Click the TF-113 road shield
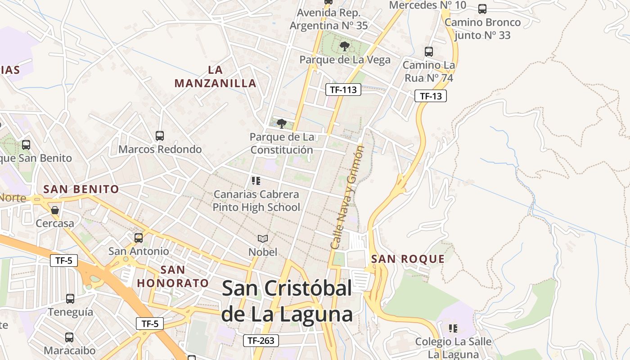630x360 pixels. click(x=343, y=90)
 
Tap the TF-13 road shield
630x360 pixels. click(x=431, y=96)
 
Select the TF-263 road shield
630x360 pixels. click(x=261, y=341)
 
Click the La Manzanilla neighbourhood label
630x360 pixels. click(x=216, y=76)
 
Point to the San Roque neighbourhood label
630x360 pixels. click(x=408, y=259)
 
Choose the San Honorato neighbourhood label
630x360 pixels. click(x=173, y=276)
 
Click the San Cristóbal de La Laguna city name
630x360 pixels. click(x=287, y=301)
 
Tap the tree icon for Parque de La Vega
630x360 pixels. click(x=345, y=46)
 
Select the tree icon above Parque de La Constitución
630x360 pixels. click(x=282, y=123)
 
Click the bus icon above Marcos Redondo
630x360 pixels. click(x=159, y=135)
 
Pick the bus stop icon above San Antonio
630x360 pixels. click(x=139, y=238)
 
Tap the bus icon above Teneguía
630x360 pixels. click(x=70, y=298)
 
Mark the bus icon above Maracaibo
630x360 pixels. click(x=69, y=337)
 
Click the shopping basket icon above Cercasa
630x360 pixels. click(x=55, y=210)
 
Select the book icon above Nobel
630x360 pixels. click(x=263, y=238)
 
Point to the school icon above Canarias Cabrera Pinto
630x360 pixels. click(x=256, y=181)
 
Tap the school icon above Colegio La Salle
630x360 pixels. click(x=453, y=328)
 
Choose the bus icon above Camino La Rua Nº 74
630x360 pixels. click(x=429, y=52)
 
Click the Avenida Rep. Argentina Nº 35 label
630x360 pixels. click(x=329, y=19)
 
